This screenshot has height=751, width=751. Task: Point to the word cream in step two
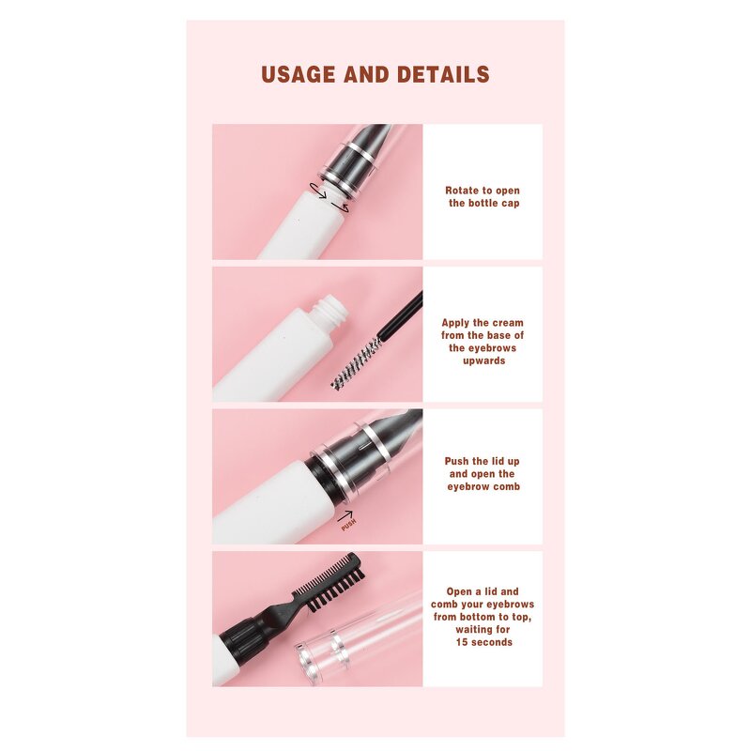tap(507, 323)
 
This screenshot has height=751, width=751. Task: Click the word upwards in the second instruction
tap(483, 360)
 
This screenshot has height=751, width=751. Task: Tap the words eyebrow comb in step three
tap(483, 486)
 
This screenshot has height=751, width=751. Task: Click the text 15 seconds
tap(483, 642)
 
